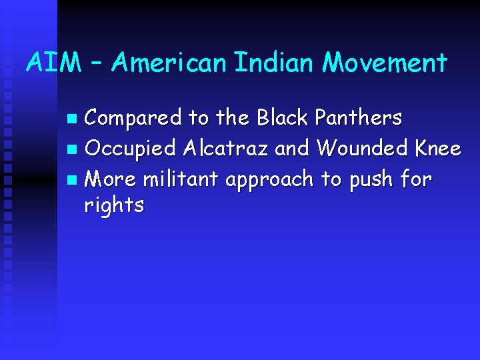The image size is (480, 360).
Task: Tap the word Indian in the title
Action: coord(274,63)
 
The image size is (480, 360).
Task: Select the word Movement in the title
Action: coord(385,63)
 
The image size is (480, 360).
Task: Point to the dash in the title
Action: coord(95,64)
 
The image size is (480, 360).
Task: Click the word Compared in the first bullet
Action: coord(133,118)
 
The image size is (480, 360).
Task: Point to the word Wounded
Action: coord(361,148)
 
